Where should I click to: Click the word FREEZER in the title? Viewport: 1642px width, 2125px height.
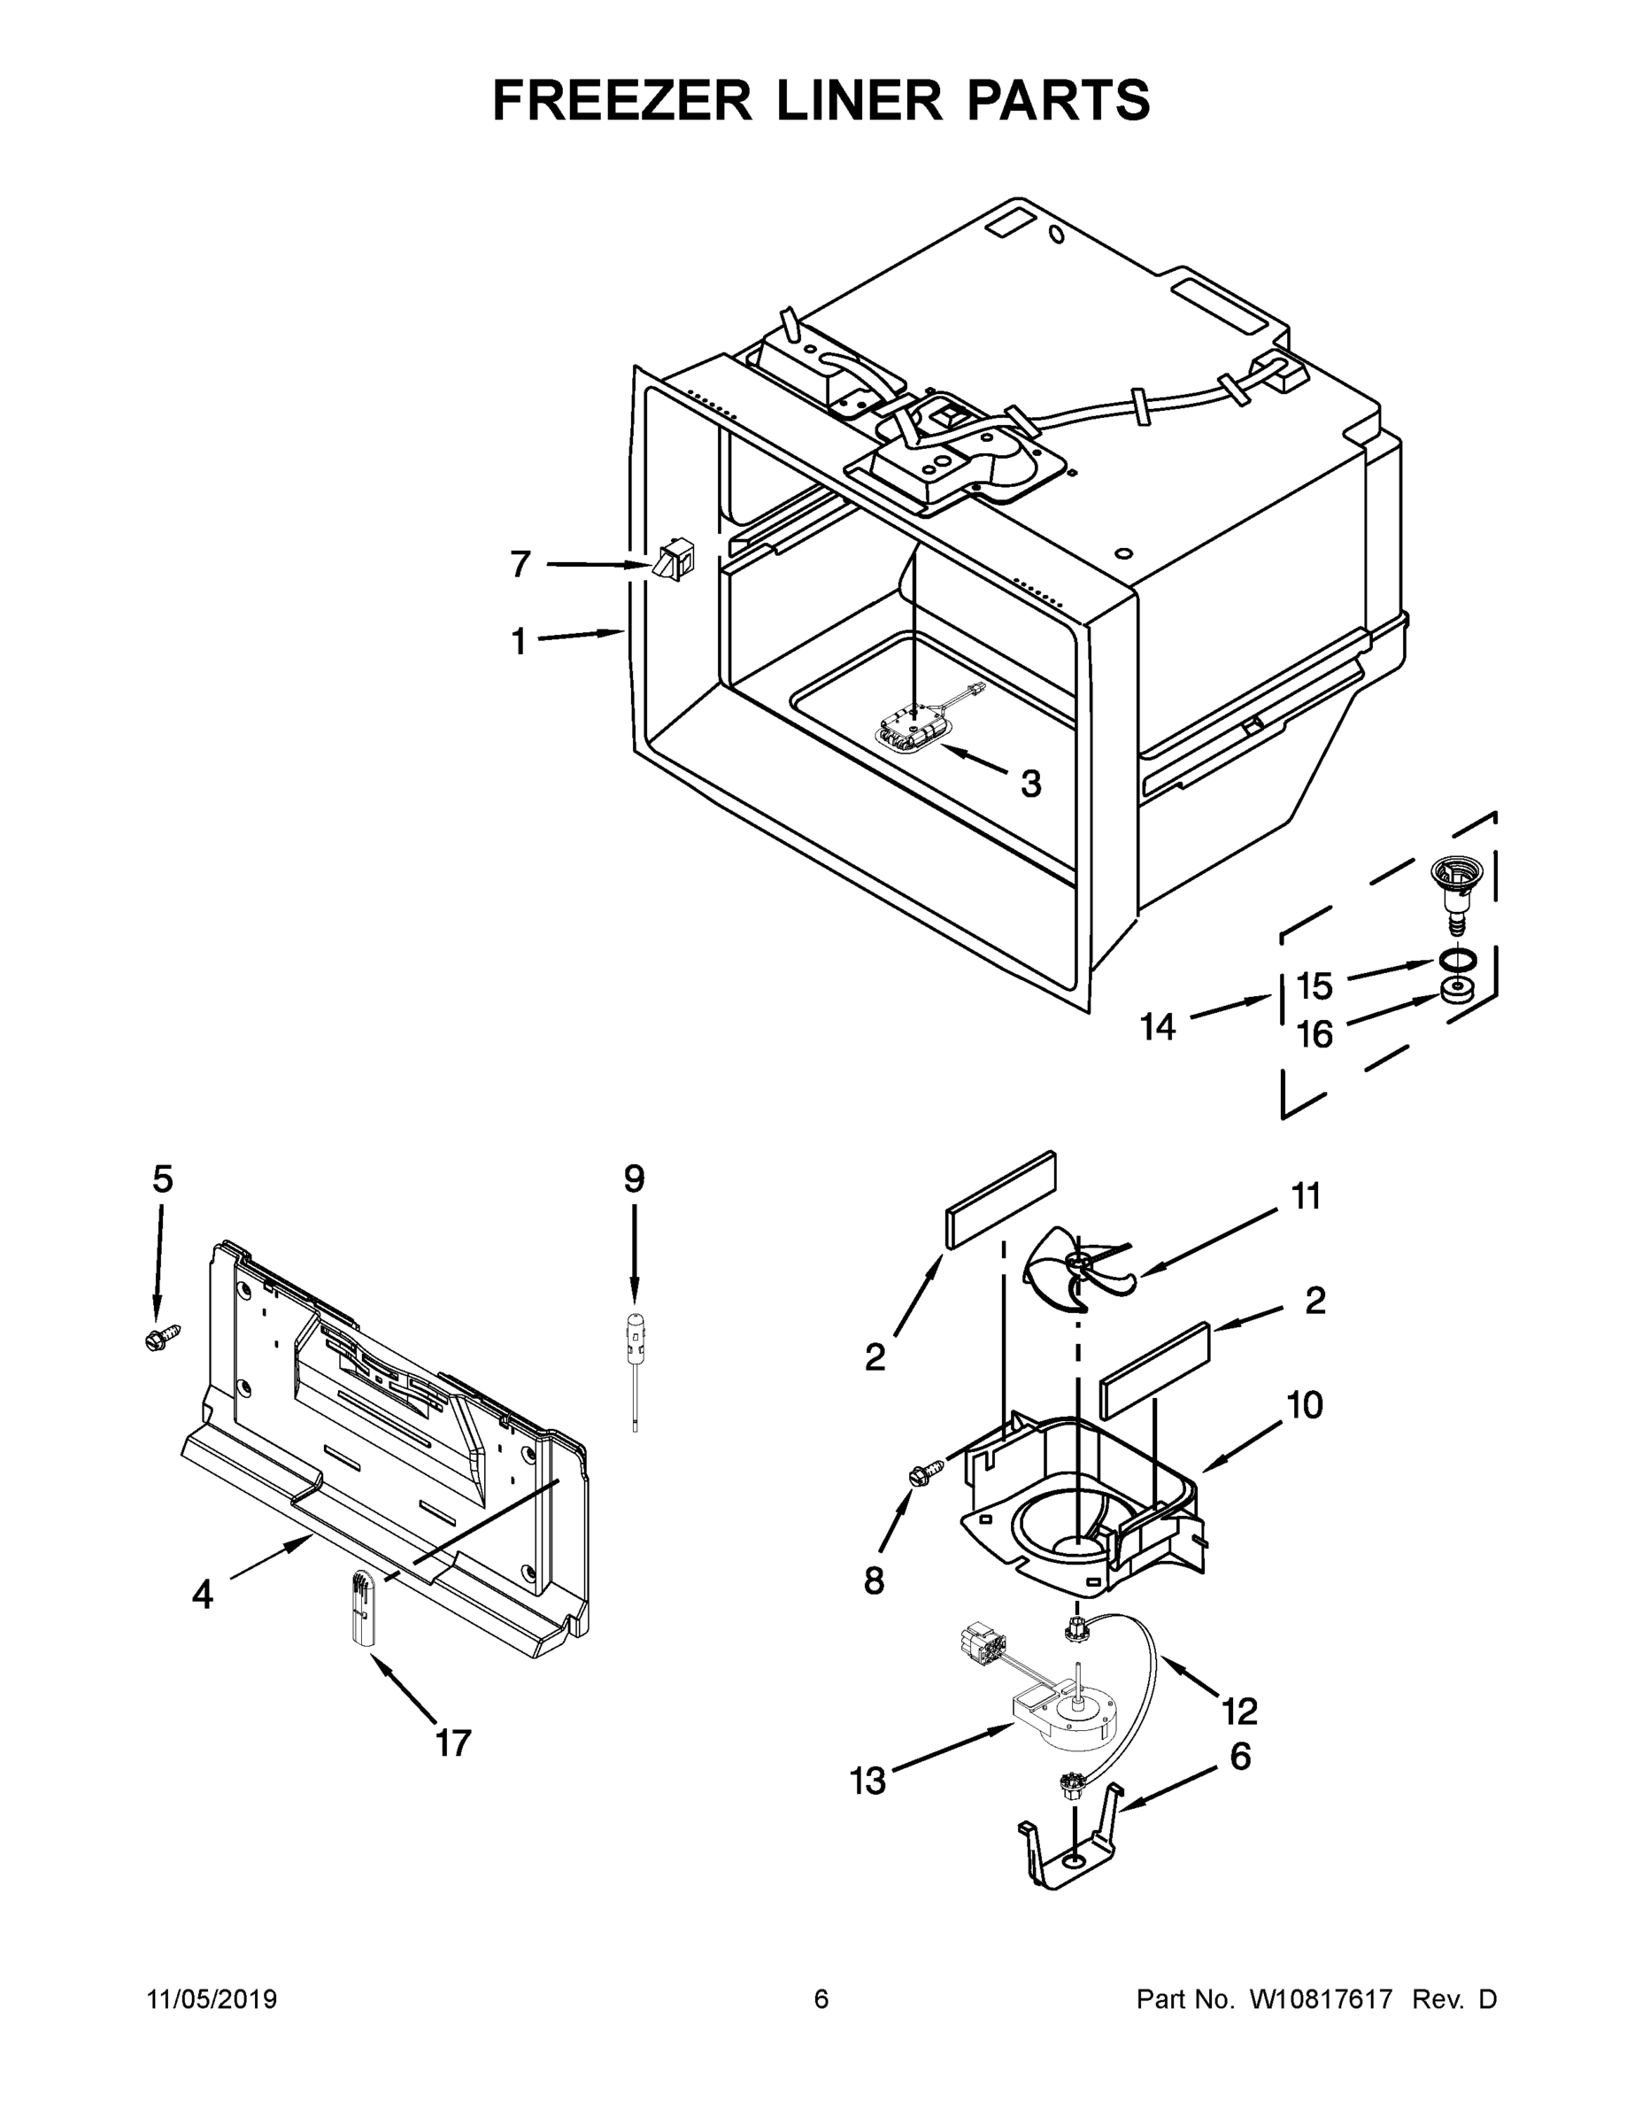622,100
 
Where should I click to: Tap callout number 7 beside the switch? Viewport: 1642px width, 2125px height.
520,563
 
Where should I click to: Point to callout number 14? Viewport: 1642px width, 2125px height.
1159,1026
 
